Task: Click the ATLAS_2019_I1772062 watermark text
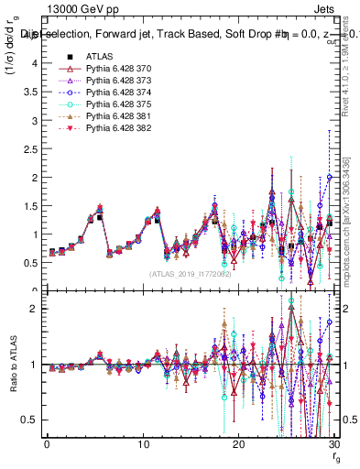(x=189, y=273)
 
